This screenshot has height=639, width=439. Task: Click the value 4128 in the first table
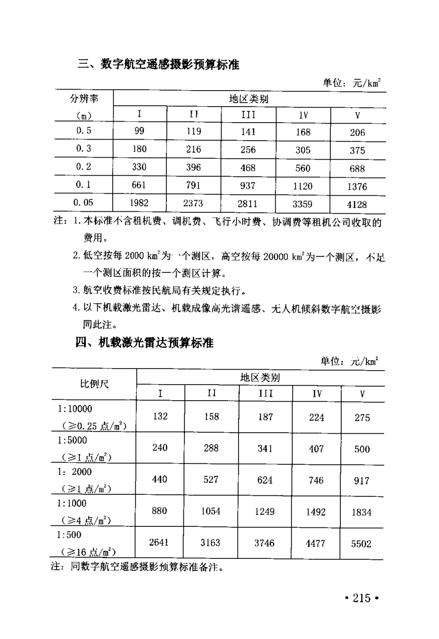click(x=356, y=204)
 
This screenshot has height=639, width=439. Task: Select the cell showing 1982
click(x=139, y=203)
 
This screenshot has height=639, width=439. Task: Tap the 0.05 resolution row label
click(x=83, y=203)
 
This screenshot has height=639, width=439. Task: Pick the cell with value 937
click(x=248, y=185)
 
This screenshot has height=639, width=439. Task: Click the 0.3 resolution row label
click(x=83, y=149)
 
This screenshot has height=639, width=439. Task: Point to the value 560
click(x=303, y=168)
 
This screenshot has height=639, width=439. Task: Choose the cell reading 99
click(x=139, y=131)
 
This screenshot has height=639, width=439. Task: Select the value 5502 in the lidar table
click(x=361, y=544)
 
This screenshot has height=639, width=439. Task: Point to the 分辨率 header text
click(x=83, y=99)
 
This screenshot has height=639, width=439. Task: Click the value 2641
click(x=160, y=543)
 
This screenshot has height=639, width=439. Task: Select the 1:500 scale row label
click(x=69, y=534)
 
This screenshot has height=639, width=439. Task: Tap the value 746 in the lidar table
click(x=316, y=480)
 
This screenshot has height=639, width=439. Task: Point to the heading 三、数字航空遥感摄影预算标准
click(x=159, y=65)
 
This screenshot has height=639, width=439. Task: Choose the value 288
click(x=211, y=448)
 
